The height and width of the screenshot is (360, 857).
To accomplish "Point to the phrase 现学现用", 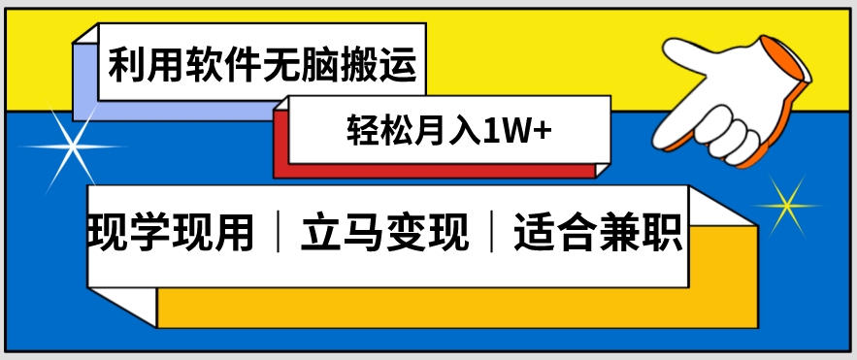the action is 171,234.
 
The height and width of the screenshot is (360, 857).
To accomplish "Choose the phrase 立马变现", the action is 386,234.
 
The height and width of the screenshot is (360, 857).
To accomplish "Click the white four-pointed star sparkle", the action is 70,147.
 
